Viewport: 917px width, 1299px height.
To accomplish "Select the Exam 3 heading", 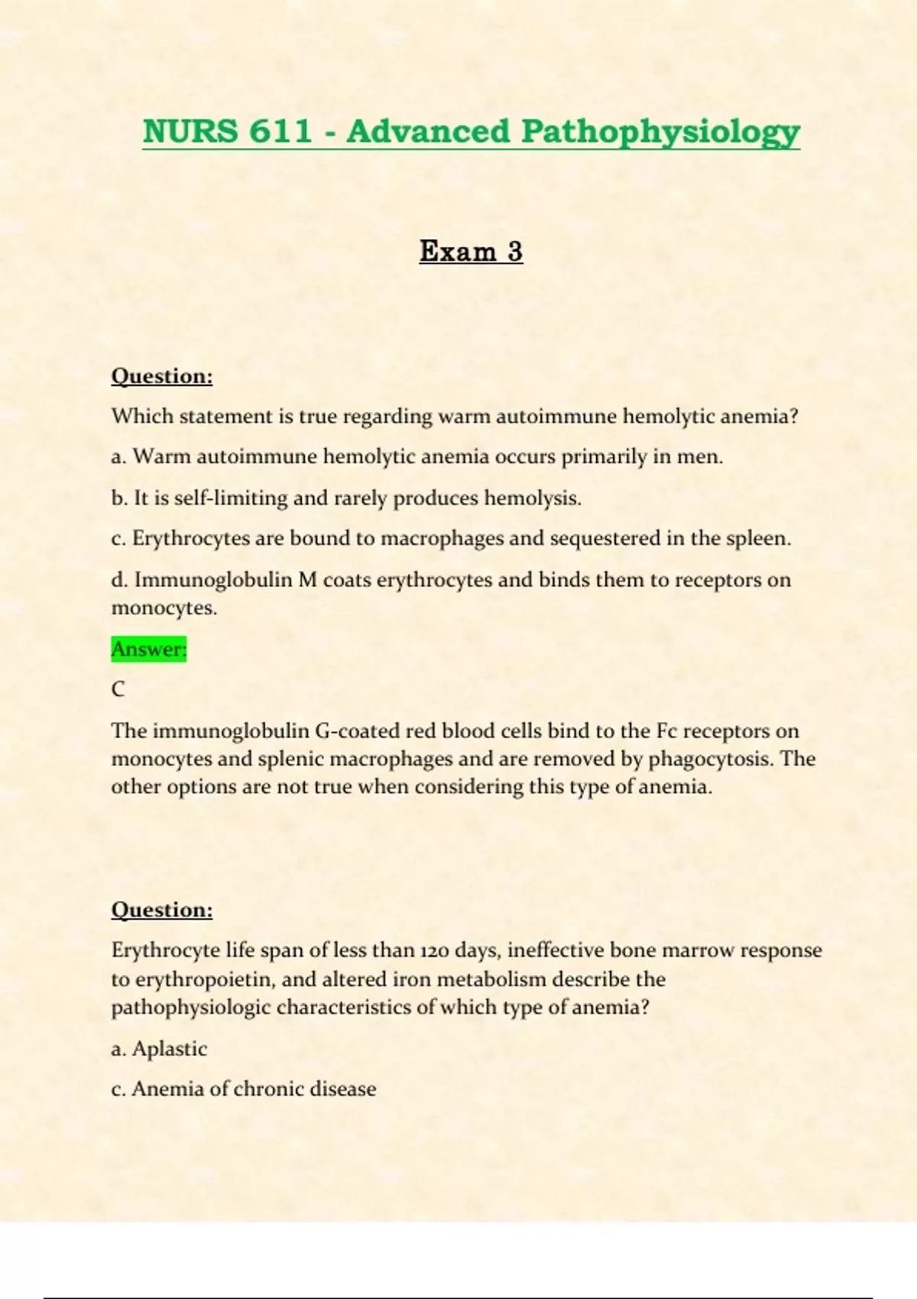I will (x=471, y=251).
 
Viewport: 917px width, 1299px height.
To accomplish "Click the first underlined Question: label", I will (x=162, y=376).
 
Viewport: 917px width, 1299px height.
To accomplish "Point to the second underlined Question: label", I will (x=162, y=909).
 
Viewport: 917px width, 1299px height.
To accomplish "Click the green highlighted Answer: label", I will (x=149, y=649).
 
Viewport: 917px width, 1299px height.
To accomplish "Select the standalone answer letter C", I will (x=118, y=689).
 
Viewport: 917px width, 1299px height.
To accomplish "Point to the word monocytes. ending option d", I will (x=164, y=608).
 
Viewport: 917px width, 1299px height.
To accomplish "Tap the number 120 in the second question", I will (x=434, y=951).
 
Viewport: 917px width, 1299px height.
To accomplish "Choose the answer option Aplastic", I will (x=169, y=1048).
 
